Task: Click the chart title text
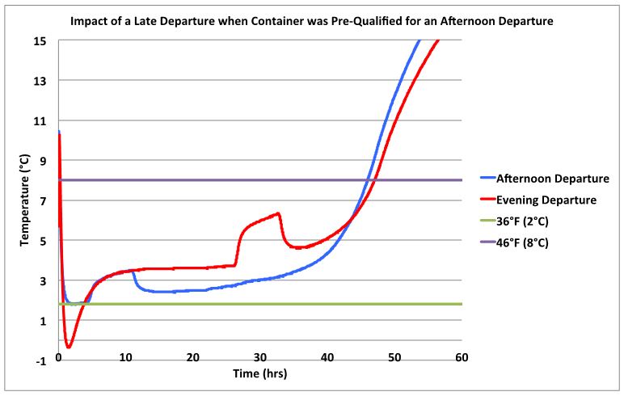pyautogui.click(x=311, y=20)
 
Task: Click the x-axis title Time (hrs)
pyautogui.click(x=259, y=374)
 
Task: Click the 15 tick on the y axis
pyautogui.click(x=41, y=41)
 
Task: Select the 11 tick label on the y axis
pyautogui.click(x=41, y=121)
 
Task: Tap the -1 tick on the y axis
pyautogui.click(x=41, y=361)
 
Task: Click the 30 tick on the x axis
pyautogui.click(x=259, y=356)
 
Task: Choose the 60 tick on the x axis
pyautogui.click(x=462, y=356)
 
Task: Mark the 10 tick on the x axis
pyautogui.click(x=125, y=356)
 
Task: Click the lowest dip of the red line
pyautogui.click(x=69, y=348)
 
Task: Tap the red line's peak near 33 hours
pyautogui.click(x=278, y=213)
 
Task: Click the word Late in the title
pyautogui.click(x=167, y=20)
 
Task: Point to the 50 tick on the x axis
pyautogui.click(x=394, y=356)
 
